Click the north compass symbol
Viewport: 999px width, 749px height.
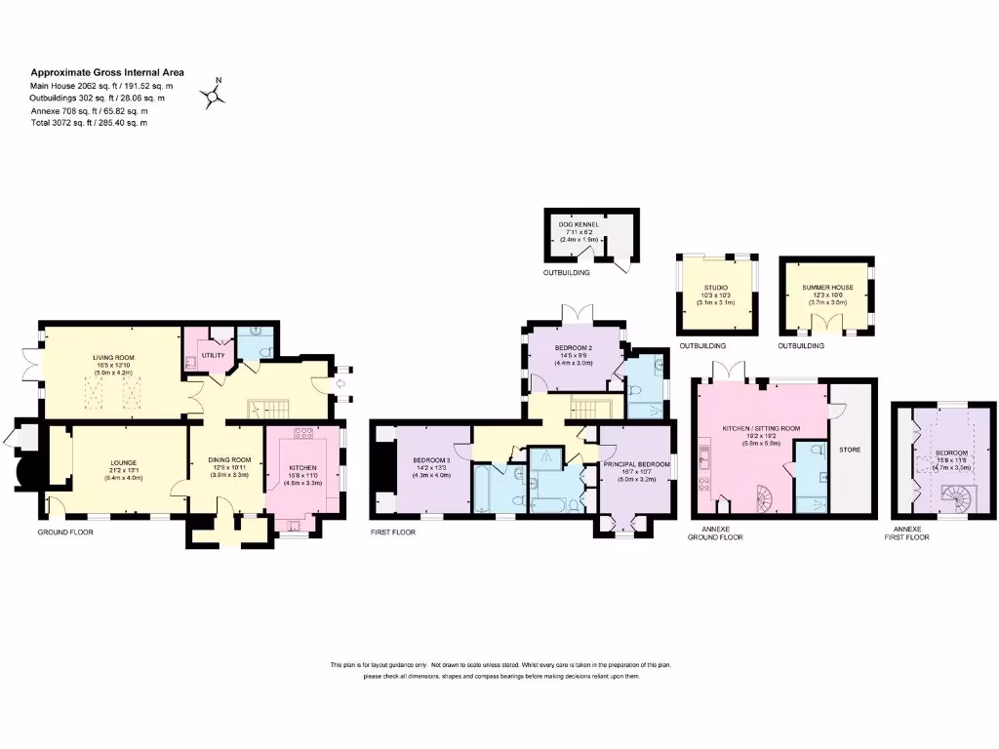[214, 94]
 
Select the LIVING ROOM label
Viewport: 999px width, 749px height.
[113, 358]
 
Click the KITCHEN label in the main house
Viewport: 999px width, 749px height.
[302, 467]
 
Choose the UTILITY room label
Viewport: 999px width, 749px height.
[214, 355]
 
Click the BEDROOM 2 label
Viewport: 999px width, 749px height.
[574, 348]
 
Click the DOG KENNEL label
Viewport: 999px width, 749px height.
[579, 224]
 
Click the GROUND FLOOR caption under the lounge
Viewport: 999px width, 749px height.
[65, 532]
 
